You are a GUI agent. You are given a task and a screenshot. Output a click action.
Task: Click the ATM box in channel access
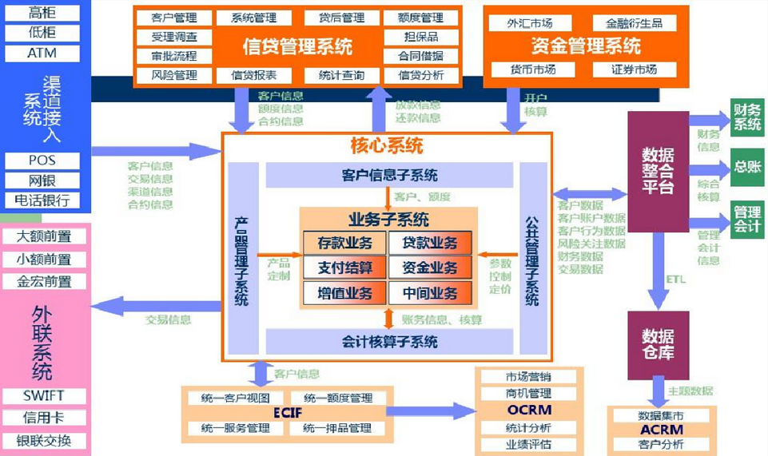[x=42, y=54]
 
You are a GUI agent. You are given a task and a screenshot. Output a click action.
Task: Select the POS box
[x=42, y=161]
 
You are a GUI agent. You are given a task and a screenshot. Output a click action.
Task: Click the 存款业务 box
[x=344, y=243]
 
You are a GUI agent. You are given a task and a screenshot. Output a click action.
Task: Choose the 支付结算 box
[x=344, y=268]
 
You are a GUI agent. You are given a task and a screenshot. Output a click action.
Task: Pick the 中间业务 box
[x=430, y=292]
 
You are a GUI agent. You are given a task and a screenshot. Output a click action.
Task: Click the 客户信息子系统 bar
[x=389, y=175]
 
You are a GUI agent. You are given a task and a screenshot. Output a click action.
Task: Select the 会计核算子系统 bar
[x=389, y=342]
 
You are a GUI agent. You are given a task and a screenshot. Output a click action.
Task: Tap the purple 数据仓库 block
[x=657, y=343]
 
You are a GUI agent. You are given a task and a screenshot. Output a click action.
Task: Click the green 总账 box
[x=747, y=168]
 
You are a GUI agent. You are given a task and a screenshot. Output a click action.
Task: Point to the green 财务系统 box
[x=747, y=117]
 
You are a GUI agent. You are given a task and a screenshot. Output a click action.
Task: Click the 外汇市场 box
[x=530, y=23]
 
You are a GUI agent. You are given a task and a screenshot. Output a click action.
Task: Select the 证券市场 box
[x=634, y=69]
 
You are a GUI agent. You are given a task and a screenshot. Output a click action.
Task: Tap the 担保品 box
[x=420, y=37]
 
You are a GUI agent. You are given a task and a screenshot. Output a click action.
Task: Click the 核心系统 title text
[x=387, y=146]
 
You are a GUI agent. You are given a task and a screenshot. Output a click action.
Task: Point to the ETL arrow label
[x=675, y=280]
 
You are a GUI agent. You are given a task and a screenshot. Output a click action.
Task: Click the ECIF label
[x=287, y=413]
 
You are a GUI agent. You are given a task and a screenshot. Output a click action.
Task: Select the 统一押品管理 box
[x=337, y=428]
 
